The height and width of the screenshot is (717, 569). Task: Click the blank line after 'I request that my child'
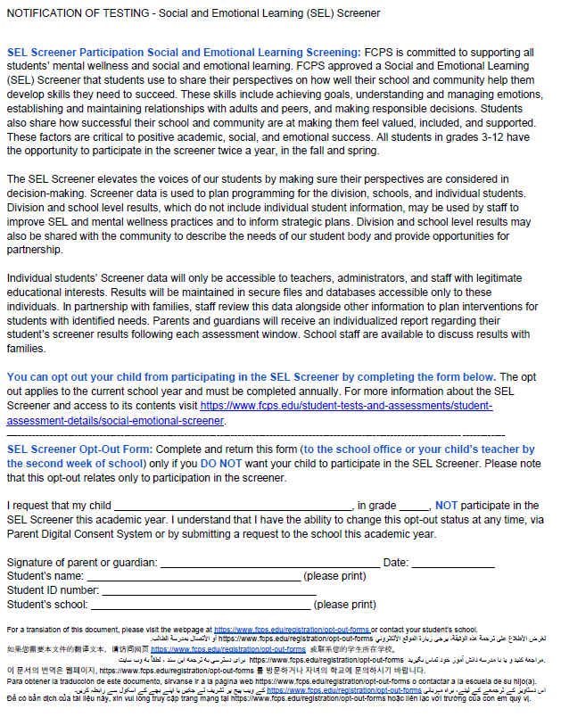point(234,506)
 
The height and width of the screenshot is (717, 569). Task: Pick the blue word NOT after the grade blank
point(447,506)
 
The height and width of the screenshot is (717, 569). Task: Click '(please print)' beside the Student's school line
point(345,605)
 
